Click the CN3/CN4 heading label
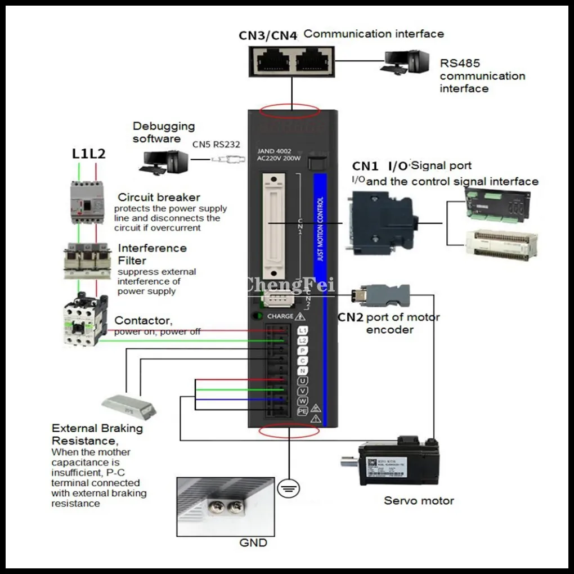(267, 35)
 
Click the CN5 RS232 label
(216, 145)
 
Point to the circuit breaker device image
(88, 202)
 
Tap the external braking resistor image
(129, 405)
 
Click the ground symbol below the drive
(288, 490)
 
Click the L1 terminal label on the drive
(303, 331)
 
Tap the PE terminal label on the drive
(303, 411)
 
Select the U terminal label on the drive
(303, 381)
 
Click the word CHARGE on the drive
(280, 316)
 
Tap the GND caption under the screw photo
(253, 543)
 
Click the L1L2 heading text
(89, 154)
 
